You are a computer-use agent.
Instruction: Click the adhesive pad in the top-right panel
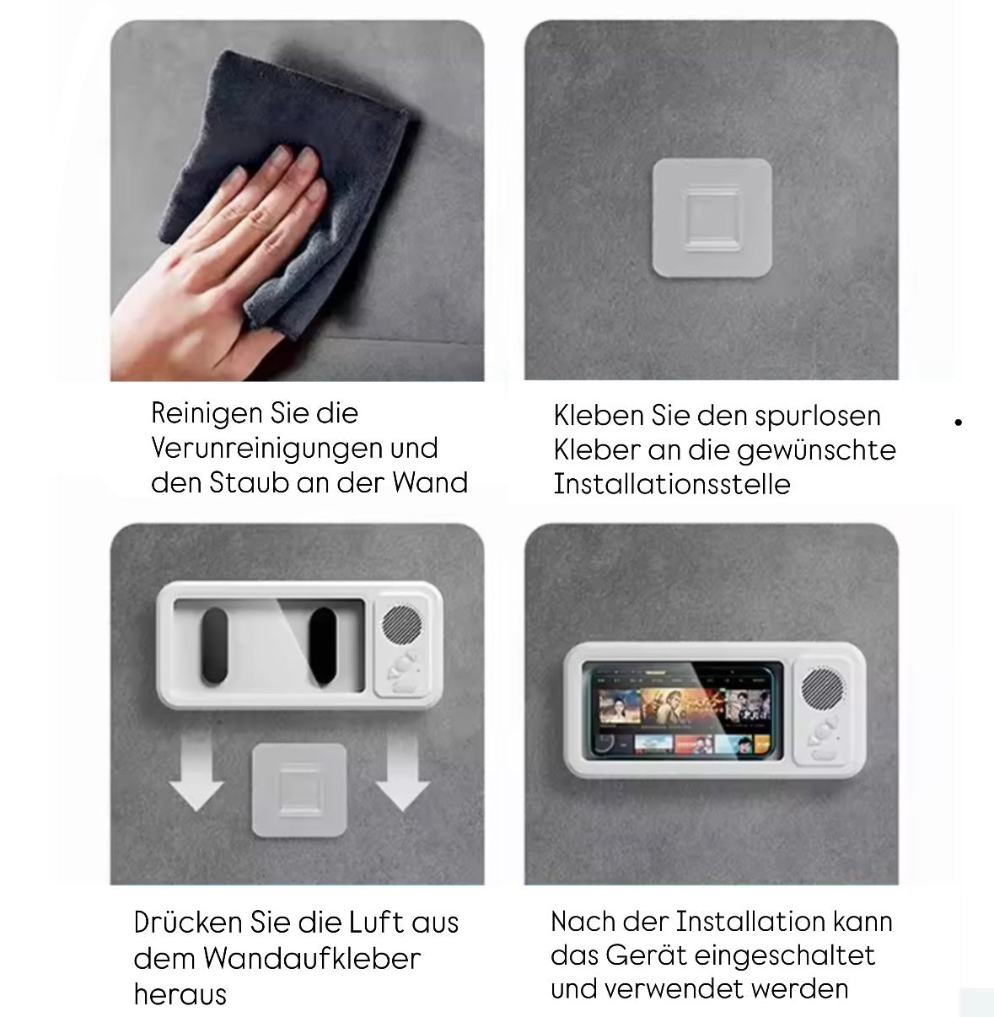point(712,218)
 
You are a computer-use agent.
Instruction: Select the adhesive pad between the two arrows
point(299,790)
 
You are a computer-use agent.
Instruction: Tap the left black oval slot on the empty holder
point(213,646)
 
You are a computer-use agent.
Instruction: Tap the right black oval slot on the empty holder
point(322,646)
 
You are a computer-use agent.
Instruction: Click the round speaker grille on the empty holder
point(401,626)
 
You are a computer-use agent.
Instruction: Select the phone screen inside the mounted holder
point(683,708)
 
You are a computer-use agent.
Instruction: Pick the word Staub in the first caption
point(250,482)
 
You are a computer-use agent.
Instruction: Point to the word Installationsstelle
point(672,484)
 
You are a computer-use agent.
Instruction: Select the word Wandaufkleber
point(311,959)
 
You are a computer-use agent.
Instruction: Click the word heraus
point(180,994)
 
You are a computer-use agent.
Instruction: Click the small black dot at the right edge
point(959,422)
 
